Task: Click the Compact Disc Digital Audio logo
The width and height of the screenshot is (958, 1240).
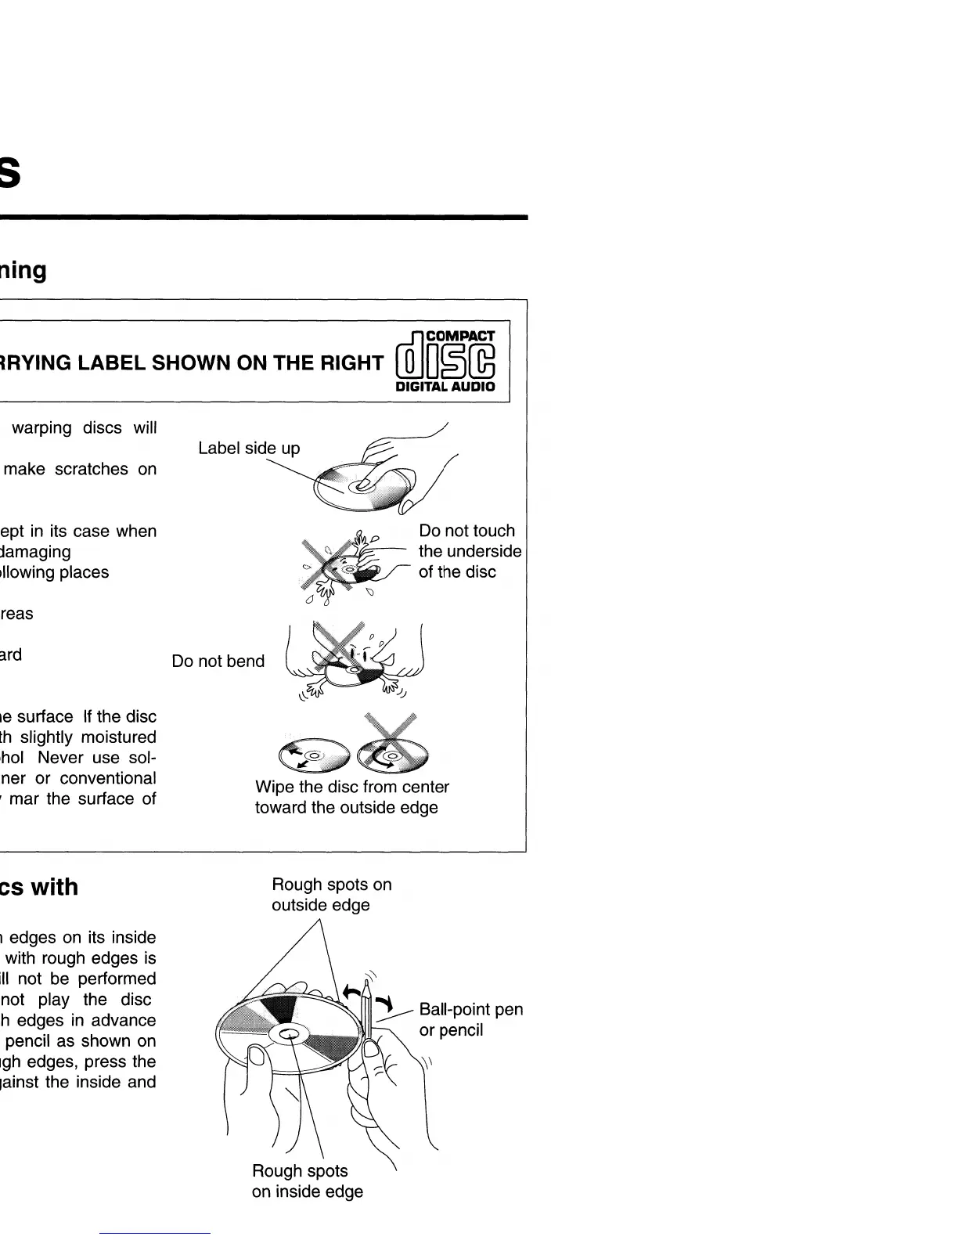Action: (x=446, y=362)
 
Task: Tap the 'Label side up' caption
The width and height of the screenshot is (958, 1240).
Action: (x=249, y=448)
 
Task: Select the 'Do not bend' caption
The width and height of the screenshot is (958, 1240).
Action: (x=218, y=661)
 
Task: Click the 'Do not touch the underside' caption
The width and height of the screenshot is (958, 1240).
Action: (x=469, y=551)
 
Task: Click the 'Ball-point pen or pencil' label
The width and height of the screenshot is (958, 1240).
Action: (x=470, y=1019)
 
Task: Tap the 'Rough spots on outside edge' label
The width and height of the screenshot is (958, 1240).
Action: (x=331, y=894)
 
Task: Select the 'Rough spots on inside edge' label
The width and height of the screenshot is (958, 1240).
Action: (x=307, y=1181)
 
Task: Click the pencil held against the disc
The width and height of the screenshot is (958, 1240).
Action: (x=366, y=1018)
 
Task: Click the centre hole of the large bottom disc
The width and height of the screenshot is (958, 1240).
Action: (x=288, y=1035)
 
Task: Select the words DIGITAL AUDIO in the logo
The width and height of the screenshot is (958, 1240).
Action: (x=445, y=387)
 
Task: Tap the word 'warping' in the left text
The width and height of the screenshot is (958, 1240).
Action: (x=41, y=428)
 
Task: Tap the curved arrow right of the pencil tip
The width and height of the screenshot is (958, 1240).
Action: (x=385, y=1004)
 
